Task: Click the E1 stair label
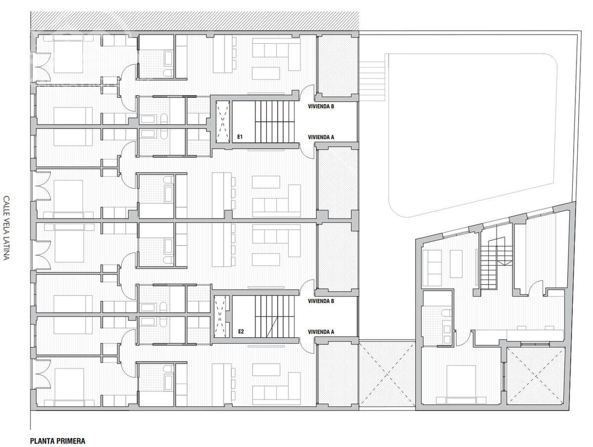(x=240, y=136)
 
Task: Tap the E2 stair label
(x=240, y=331)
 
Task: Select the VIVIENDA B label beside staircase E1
(x=322, y=106)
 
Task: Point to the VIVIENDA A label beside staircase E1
(x=322, y=137)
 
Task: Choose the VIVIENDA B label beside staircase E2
(x=322, y=301)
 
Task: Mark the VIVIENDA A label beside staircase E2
(x=322, y=332)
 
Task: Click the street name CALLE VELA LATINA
(x=7, y=228)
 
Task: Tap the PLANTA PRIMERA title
(x=58, y=440)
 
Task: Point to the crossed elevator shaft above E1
(x=221, y=121)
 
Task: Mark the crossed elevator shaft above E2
(x=221, y=316)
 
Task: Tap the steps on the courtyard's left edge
(x=372, y=76)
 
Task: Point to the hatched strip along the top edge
(x=195, y=21)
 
